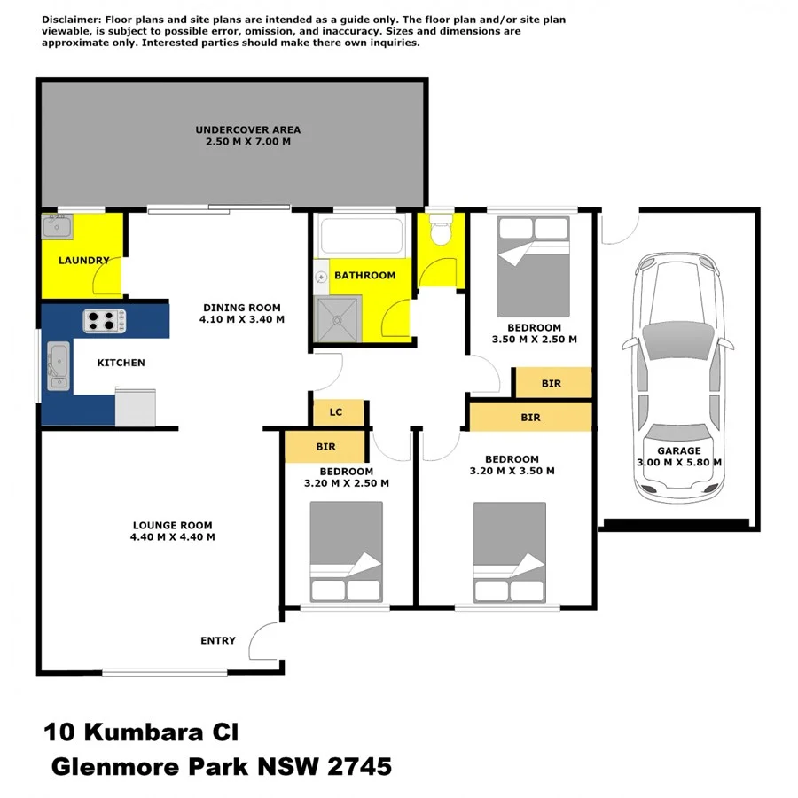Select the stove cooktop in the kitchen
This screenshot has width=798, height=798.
pyautogui.click(x=105, y=319)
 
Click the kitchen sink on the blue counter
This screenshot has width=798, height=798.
pyautogui.click(x=58, y=365)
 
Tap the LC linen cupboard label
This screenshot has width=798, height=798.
pyautogui.click(x=336, y=412)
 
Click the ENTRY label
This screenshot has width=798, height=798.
pyautogui.click(x=218, y=640)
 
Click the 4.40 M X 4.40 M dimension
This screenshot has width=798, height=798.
pyautogui.click(x=174, y=536)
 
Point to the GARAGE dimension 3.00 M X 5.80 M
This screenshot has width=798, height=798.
pyautogui.click(x=679, y=462)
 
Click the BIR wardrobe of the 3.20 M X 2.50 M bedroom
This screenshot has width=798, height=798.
pyautogui.click(x=325, y=448)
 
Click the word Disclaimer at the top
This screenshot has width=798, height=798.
pyautogui.click(x=72, y=19)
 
